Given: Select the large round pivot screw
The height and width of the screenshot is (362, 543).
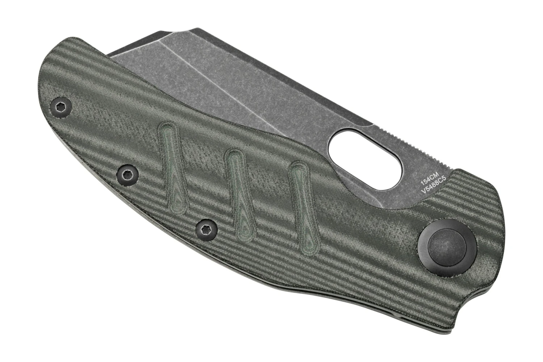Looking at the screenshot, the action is [447, 248].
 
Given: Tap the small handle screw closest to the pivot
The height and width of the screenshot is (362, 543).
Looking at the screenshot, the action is [207, 230].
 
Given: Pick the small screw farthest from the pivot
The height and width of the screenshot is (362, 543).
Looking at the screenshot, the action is [60, 107].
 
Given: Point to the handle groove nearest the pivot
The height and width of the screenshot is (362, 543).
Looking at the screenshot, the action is [303, 208].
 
